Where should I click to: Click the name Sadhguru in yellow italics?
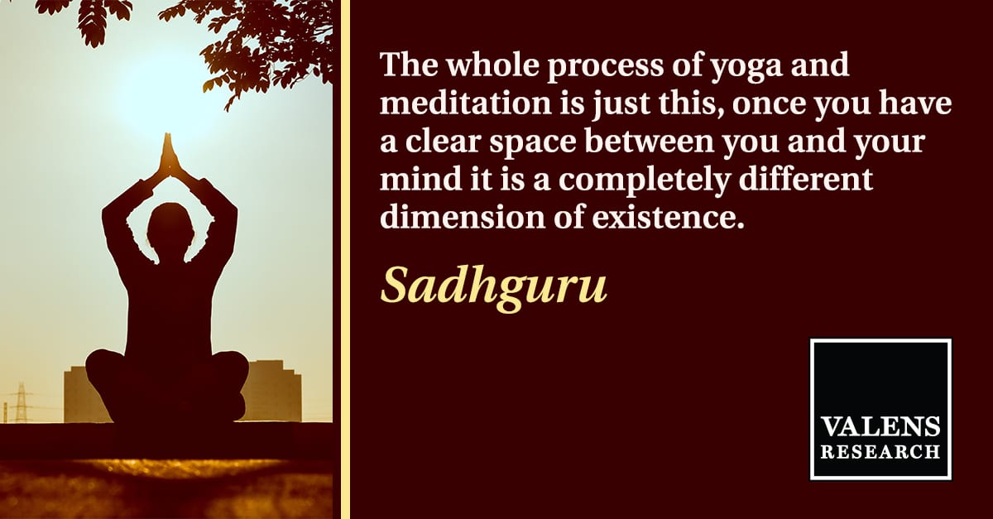(493, 287)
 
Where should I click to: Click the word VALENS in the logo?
(880, 426)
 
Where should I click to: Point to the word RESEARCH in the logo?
(880, 452)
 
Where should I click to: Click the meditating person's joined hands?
(169, 153)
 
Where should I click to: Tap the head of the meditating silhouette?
(170, 229)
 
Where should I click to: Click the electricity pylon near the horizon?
(21, 402)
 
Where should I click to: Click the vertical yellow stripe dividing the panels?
(345, 260)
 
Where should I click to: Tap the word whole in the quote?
(492, 65)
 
